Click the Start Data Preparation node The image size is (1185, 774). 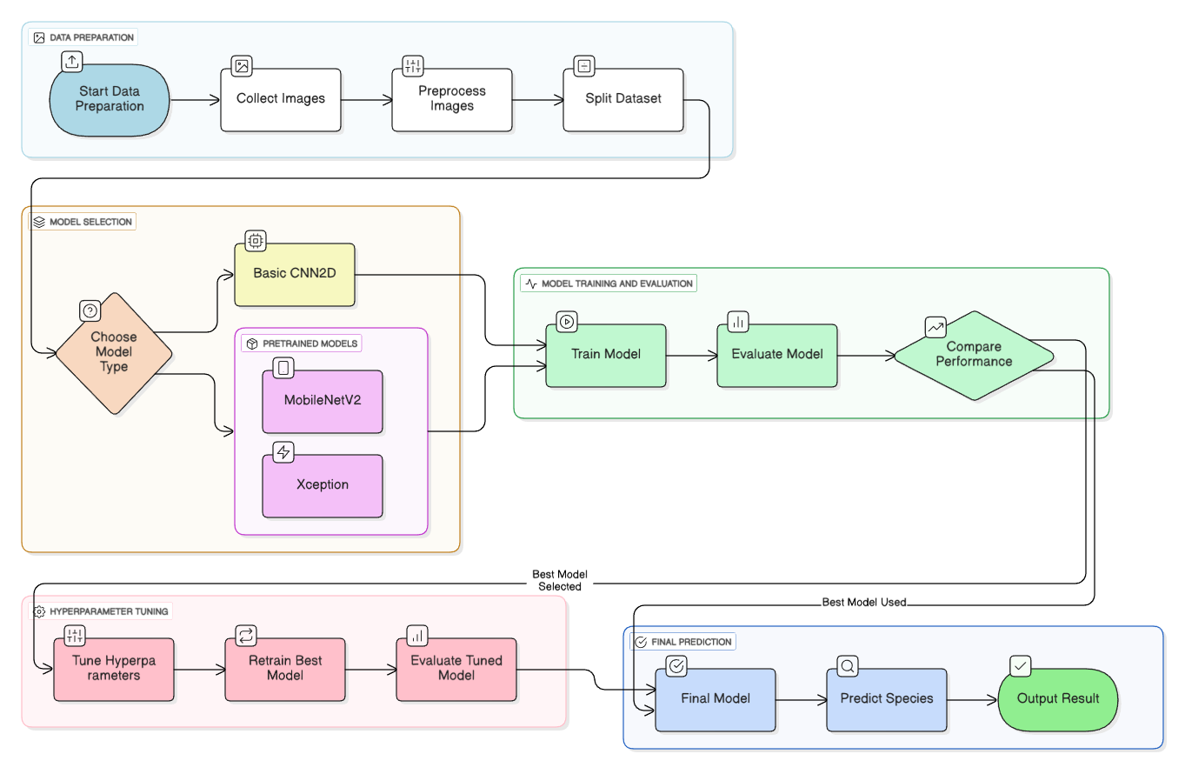coord(110,99)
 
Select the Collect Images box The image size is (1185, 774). coord(280,99)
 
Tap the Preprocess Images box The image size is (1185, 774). coord(451,99)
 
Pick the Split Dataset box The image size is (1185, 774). coord(622,99)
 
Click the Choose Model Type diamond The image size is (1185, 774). coord(114,352)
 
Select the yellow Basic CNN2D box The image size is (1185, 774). coord(295,274)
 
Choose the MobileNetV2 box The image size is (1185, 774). coord(323,401)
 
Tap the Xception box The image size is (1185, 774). coord(323,485)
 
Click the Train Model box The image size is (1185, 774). coord(606,355)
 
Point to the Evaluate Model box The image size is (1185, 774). coord(777,355)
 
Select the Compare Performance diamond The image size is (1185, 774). coord(974,355)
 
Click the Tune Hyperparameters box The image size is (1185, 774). coord(114,668)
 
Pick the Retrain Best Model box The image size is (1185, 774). coord(285,668)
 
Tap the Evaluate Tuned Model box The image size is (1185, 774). coord(456,668)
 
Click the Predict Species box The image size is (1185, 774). coord(886,699)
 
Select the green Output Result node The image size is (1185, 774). coord(1058,699)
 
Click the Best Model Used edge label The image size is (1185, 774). coord(864,603)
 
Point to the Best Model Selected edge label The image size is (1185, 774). coord(560,580)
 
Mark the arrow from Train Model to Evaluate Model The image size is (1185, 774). coord(691,355)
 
